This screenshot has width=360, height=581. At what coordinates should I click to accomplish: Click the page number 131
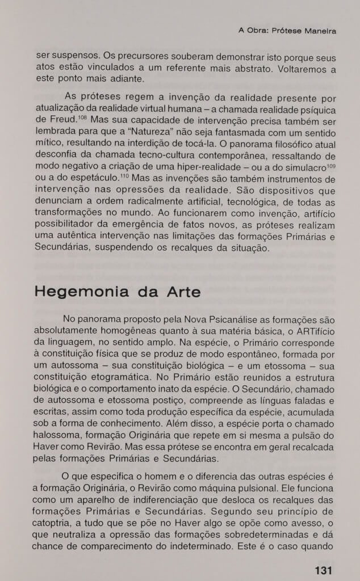[x=323, y=570]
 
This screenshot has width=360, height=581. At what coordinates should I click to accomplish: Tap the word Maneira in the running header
[x=319, y=31]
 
